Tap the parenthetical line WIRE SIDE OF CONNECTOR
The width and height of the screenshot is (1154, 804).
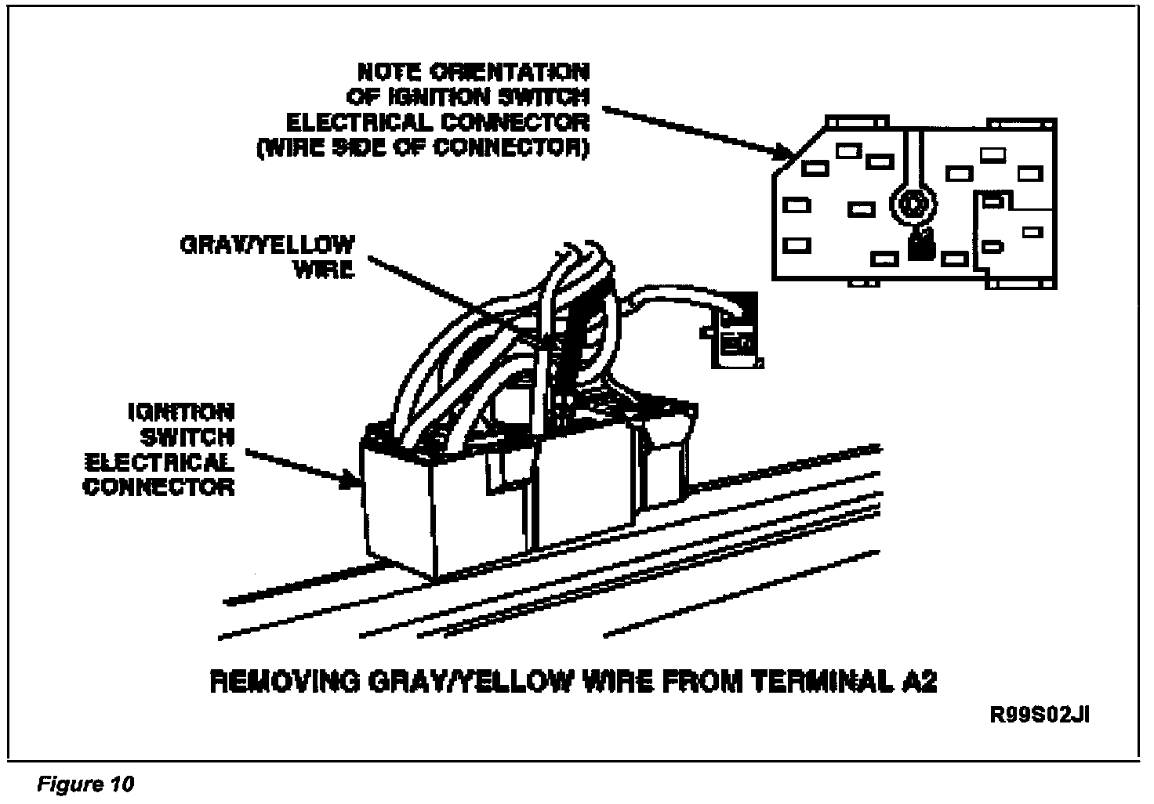pyautogui.click(x=423, y=148)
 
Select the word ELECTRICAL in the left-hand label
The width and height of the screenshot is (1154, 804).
pyautogui.click(x=181, y=462)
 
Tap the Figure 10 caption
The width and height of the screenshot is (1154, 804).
pyautogui.click(x=85, y=784)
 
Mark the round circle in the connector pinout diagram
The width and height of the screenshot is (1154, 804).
pyautogui.click(x=912, y=205)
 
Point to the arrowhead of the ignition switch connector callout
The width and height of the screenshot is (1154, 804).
pyautogui.click(x=351, y=480)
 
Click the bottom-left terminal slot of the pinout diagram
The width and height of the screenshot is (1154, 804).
pyautogui.click(x=797, y=244)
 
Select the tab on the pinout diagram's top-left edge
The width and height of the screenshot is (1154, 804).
pyautogui.click(x=857, y=121)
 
